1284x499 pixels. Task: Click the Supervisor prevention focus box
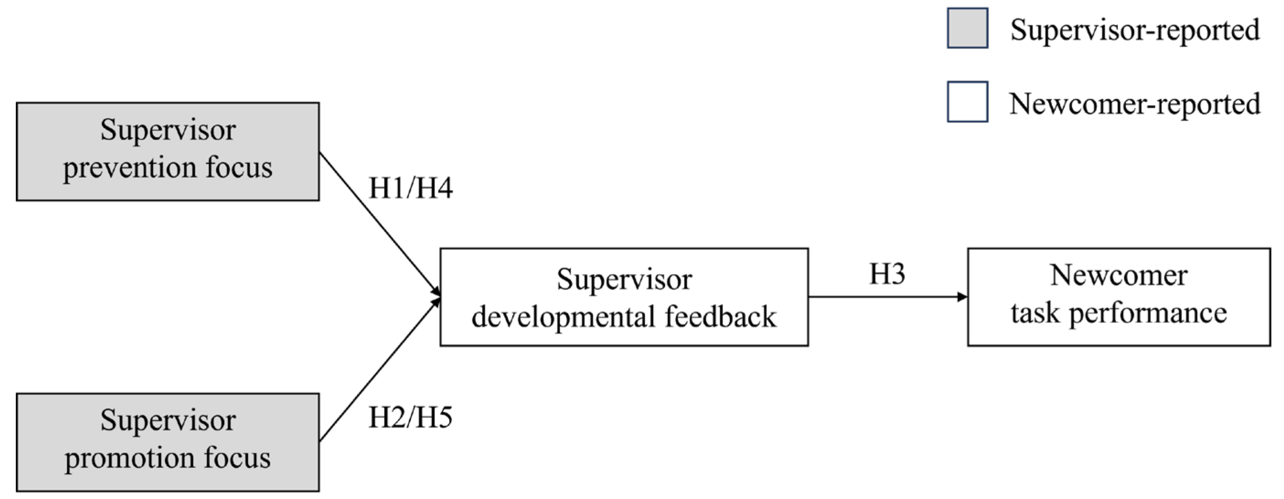coord(167,151)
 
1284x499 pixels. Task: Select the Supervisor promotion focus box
coord(167,442)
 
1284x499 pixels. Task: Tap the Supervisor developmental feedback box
coord(624,297)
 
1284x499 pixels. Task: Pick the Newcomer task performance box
coord(1118,297)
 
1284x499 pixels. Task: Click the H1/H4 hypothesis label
coord(410,188)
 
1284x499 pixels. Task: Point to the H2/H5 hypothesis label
coord(410,417)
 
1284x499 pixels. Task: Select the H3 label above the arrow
coord(887,274)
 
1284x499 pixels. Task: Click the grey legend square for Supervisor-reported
coord(967,28)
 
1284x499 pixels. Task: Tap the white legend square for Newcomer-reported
coord(967,101)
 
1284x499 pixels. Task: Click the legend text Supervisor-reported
coord(1134,30)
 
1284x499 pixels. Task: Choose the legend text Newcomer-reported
coord(1134,104)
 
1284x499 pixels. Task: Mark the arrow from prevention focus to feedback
coord(379,222)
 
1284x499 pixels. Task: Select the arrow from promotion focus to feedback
coord(379,370)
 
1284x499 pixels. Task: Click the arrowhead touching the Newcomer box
coord(963,297)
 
